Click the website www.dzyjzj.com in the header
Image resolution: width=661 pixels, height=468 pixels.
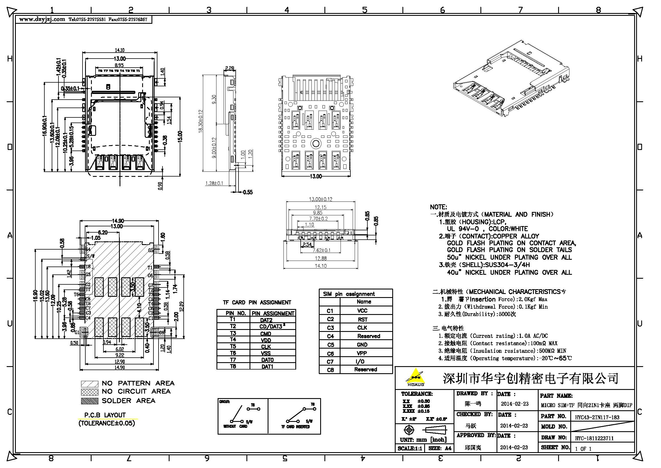42,19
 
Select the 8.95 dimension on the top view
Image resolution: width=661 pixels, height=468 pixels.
119,65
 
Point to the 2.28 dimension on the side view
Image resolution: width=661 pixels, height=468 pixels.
229,68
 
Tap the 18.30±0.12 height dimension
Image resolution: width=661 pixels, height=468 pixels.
201,121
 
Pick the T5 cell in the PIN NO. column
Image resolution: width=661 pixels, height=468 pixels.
233,346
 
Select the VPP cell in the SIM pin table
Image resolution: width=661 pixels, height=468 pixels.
362,353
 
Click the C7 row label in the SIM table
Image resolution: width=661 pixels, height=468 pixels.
330,361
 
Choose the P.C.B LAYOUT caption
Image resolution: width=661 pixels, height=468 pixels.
105,415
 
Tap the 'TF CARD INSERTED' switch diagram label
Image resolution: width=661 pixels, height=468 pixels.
295,427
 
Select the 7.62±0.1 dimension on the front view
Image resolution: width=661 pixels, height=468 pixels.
322,250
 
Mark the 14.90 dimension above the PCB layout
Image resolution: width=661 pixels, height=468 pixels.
118,221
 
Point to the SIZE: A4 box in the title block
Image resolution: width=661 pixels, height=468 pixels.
440,448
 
